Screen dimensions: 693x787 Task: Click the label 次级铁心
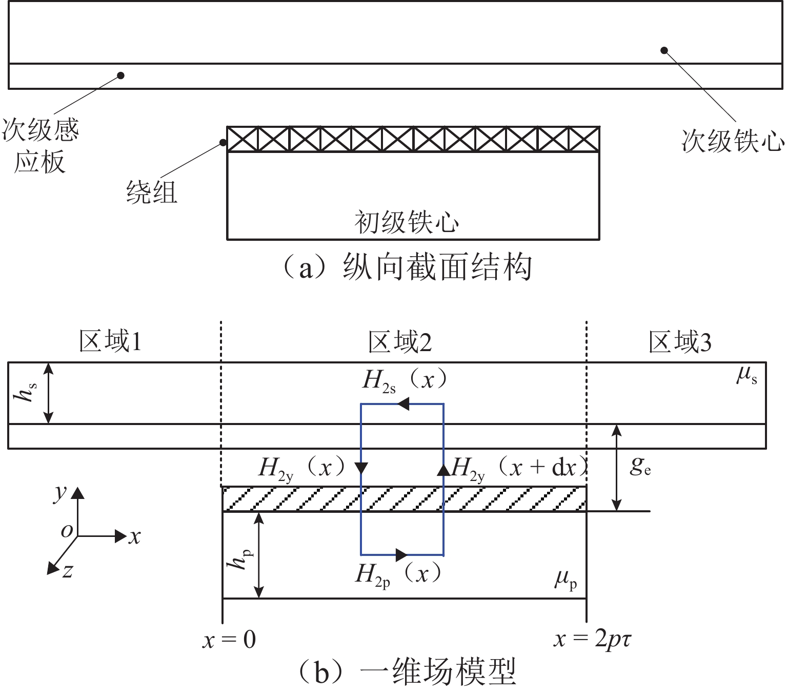coord(733,141)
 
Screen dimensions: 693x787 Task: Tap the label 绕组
coord(152,192)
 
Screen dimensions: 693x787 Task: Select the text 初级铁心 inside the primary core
coord(407,222)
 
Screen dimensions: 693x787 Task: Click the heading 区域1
coord(110,341)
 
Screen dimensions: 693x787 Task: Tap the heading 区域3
coord(680,342)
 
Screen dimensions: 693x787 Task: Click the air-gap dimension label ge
coord(640,466)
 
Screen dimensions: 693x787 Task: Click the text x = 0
coord(229,640)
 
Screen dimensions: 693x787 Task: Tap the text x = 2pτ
coord(592,639)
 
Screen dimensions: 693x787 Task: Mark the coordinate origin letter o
coord(67,531)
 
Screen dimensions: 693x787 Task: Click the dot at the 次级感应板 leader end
coord(121,75)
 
